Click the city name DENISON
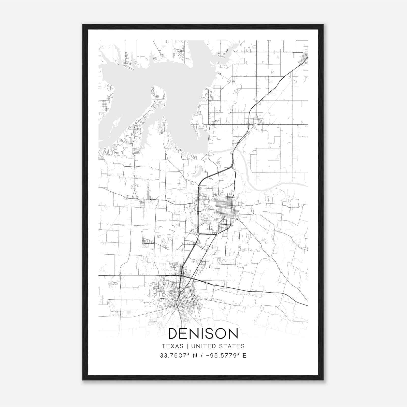[203, 333]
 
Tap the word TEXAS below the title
[172, 346]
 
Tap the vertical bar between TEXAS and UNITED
[187, 346]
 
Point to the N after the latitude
[195, 356]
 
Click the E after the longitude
[244, 356]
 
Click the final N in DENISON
[233, 333]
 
